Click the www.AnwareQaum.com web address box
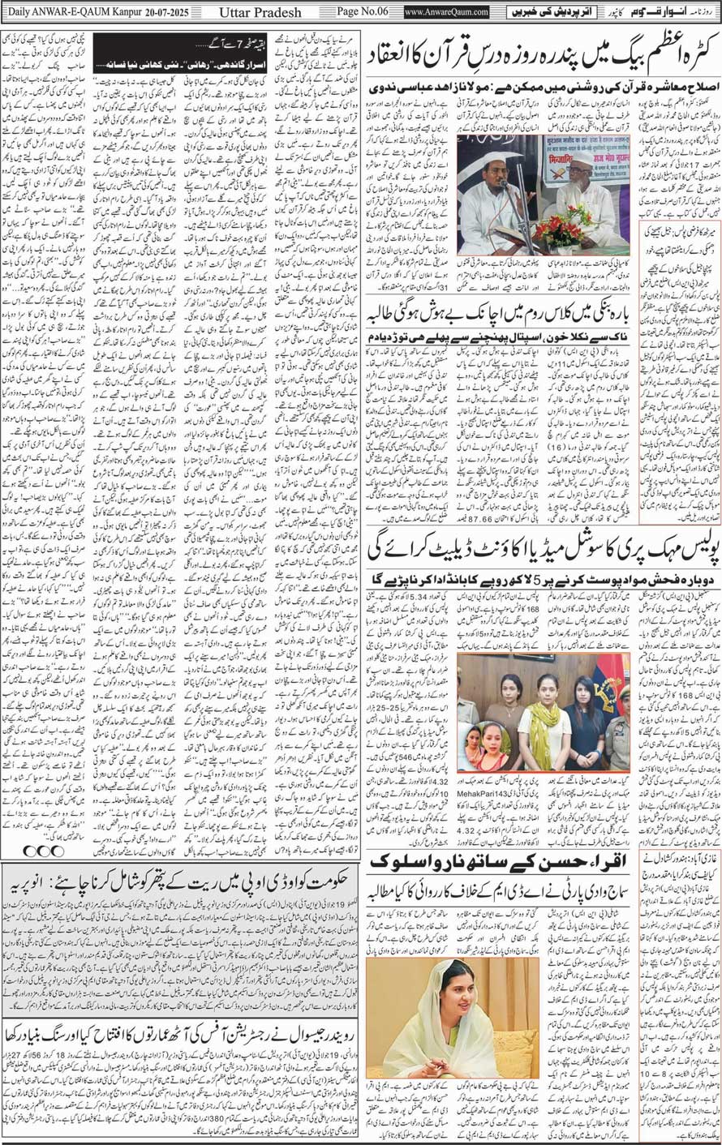tap(445, 12)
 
